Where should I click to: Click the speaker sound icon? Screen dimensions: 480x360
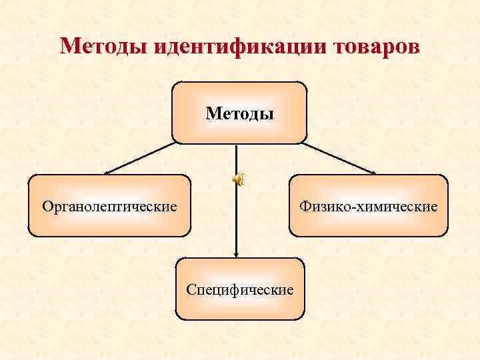pyautogui.click(x=238, y=178)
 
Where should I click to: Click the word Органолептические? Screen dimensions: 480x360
pyautogui.click(x=109, y=207)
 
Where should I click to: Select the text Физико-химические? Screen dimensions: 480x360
pyautogui.click(x=369, y=207)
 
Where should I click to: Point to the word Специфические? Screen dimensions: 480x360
pyautogui.click(x=240, y=290)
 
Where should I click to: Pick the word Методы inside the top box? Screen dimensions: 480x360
pyautogui.click(x=239, y=113)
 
